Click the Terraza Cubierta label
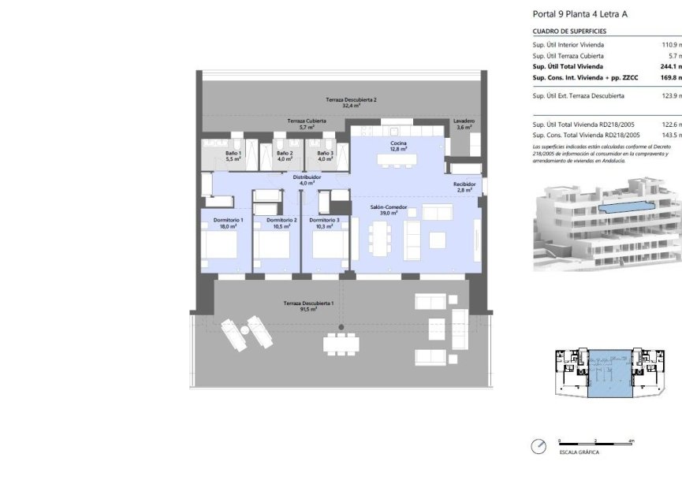click(306, 124)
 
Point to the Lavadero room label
click(464, 125)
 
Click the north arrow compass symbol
click(539, 447)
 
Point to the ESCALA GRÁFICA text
click(579, 453)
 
